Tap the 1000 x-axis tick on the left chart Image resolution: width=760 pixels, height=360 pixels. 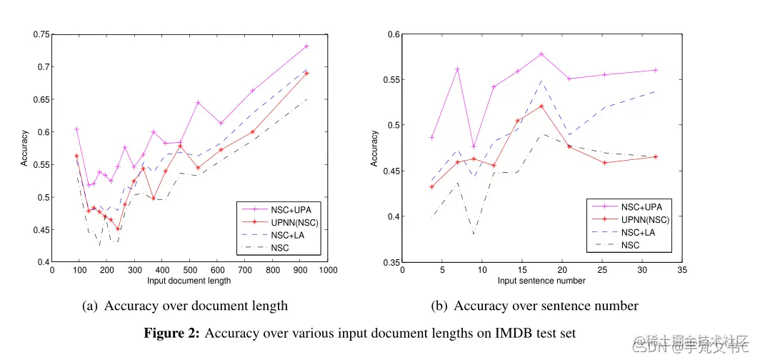(x=328, y=271)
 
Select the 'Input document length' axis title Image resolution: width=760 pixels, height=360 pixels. (x=189, y=281)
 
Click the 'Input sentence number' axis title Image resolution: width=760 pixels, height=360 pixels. (x=541, y=281)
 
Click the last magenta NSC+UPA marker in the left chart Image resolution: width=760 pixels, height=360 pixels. (x=306, y=46)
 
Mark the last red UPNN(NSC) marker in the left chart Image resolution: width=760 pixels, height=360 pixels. (x=306, y=73)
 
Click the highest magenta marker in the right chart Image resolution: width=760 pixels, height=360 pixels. (x=541, y=54)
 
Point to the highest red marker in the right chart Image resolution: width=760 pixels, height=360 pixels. (x=541, y=106)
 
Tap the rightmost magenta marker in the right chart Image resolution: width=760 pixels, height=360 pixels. (x=655, y=70)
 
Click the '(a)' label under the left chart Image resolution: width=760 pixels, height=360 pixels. (x=90, y=306)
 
